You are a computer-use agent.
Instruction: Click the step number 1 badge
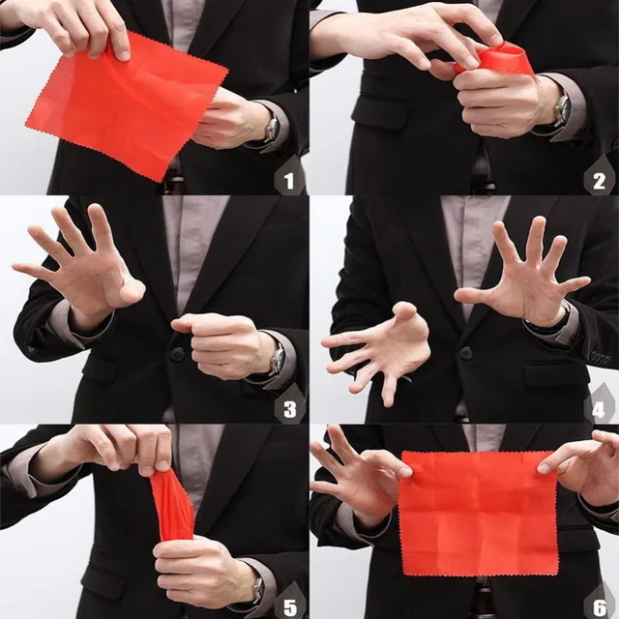click(x=287, y=179)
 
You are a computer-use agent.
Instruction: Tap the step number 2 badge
click(x=599, y=179)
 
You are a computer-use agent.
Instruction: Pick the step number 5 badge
click(x=287, y=603)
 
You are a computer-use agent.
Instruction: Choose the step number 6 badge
click(x=599, y=603)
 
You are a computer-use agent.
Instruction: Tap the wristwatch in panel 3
click(x=278, y=360)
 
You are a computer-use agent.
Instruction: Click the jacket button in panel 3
click(x=177, y=354)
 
